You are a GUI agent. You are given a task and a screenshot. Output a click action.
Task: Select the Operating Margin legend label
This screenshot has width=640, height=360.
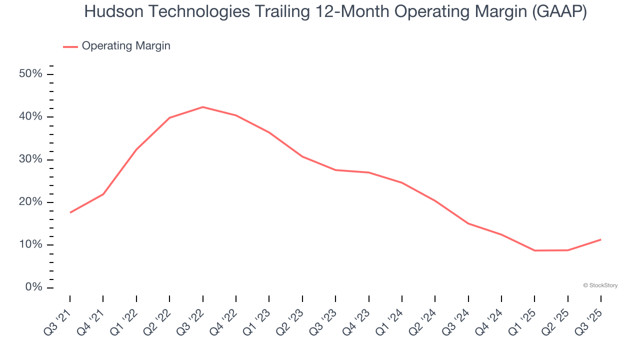click(126, 46)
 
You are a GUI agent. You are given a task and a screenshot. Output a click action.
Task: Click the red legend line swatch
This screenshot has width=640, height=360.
click(70, 46)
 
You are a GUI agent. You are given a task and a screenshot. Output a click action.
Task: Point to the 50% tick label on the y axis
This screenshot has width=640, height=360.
click(30, 74)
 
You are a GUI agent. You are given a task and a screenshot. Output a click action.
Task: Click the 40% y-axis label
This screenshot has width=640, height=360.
click(30, 116)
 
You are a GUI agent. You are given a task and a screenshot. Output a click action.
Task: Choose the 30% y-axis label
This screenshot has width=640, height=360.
click(30, 159)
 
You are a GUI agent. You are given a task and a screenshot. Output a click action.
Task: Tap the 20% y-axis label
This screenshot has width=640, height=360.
click(30, 202)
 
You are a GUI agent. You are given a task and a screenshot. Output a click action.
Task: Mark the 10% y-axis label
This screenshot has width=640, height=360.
click(30, 244)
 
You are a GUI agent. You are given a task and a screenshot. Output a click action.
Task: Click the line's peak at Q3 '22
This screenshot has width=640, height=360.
click(202, 107)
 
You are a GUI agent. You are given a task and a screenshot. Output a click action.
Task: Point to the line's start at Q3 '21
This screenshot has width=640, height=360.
click(70, 212)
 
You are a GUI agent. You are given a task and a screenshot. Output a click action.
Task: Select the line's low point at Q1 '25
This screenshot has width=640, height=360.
click(534, 250)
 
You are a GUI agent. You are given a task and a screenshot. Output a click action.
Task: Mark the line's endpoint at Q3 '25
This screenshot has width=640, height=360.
click(600, 239)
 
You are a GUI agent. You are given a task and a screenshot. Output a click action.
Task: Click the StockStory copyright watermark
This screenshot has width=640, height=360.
click(600, 285)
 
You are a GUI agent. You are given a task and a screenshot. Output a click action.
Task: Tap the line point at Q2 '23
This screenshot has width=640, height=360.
click(302, 156)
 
